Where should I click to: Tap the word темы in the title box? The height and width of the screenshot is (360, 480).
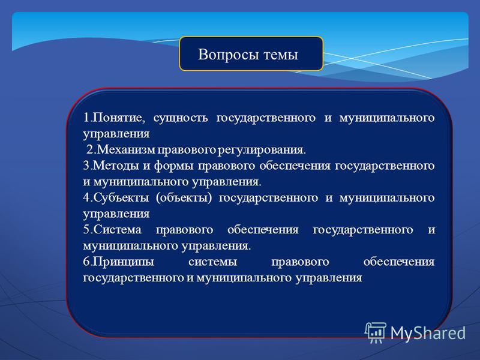[x=281, y=55]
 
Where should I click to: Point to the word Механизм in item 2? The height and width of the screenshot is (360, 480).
[x=126, y=149]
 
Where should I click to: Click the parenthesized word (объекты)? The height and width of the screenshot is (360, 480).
[x=184, y=198]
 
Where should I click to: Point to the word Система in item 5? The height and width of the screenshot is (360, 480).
[x=117, y=230]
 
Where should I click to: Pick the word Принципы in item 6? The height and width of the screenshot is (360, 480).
[x=124, y=262]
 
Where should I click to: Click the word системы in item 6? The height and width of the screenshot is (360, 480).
[x=213, y=262]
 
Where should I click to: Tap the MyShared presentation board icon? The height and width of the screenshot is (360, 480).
[x=376, y=333]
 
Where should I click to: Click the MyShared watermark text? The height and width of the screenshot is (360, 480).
[x=428, y=333]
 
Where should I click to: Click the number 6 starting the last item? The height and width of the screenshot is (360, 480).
[x=86, y=262]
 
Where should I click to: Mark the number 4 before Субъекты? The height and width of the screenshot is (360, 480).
[x=86, y=198]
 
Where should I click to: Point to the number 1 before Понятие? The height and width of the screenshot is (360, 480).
[x=86, y=118]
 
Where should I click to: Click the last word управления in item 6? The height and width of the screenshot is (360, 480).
[x=329, y=278]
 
